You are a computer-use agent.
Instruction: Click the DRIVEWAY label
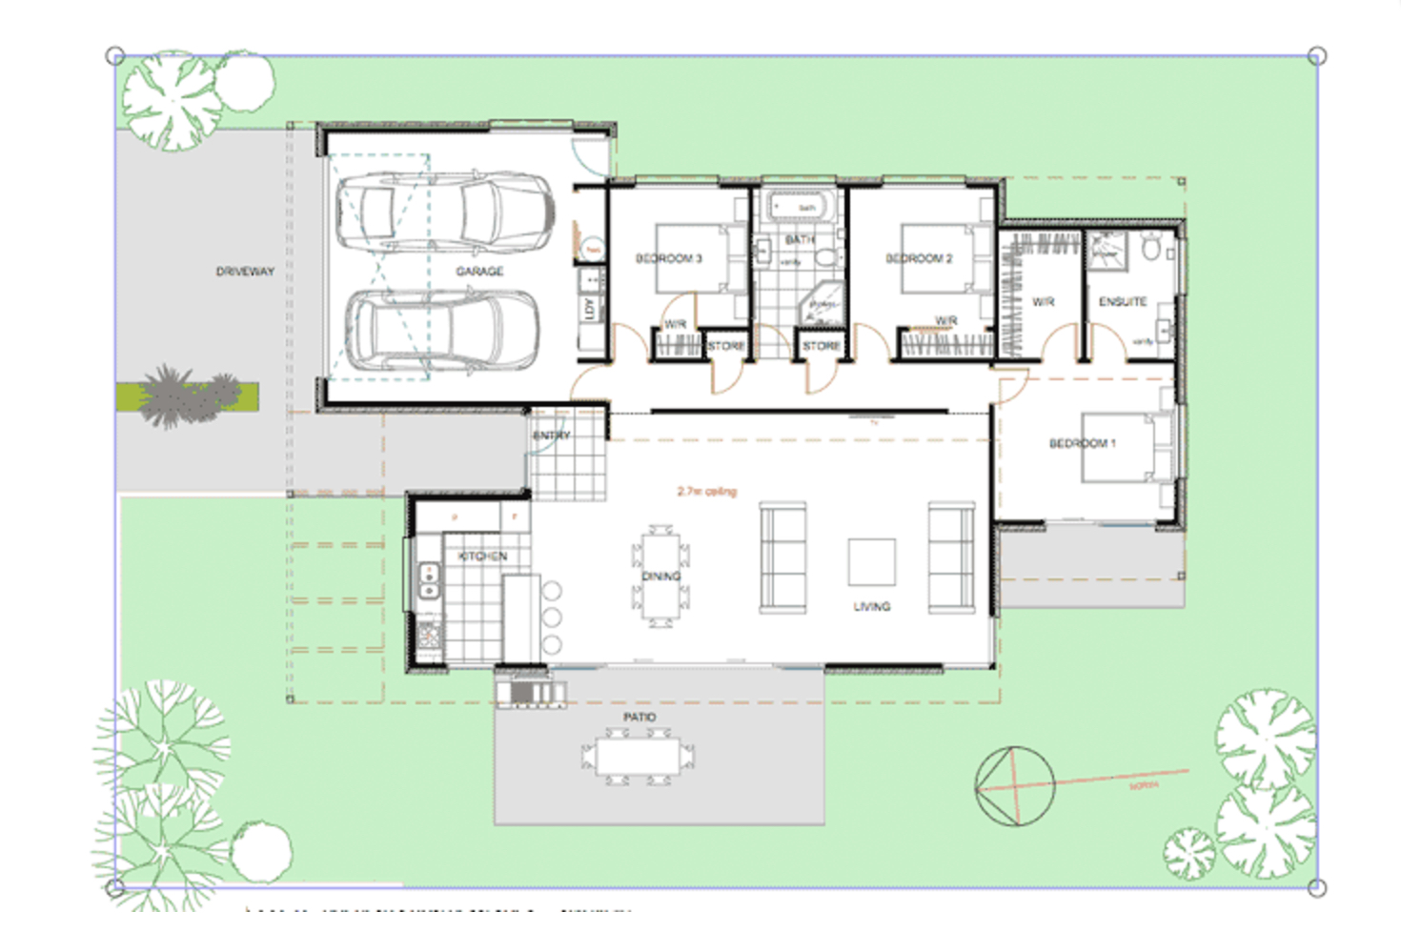coord(245,272)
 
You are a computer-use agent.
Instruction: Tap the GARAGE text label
coord(479,272)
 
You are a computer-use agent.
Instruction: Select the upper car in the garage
coord(444,212)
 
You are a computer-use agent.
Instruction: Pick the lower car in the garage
coord(441,330)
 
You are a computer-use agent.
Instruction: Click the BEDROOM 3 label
coord(668,258)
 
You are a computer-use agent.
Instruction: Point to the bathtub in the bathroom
coord(801,206)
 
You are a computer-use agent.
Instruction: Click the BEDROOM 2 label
coord(919,258)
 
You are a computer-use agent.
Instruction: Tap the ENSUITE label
coord(1123,302)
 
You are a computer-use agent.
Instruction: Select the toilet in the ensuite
coord(1151,248)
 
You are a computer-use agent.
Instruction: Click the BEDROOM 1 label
coord(1082,443)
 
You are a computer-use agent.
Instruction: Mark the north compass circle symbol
coord(1015,786)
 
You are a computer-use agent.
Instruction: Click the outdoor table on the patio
coord(639,757)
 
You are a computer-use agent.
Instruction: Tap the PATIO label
coord(640,717)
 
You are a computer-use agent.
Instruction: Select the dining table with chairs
coord(660,576)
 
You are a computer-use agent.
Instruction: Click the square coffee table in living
coord(871,562)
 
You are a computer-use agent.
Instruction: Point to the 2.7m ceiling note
coord(707,492)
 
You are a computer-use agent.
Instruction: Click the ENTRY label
coord(551,436)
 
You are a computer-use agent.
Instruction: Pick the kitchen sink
coord(430,580)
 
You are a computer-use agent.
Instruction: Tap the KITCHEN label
coord(483,556)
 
